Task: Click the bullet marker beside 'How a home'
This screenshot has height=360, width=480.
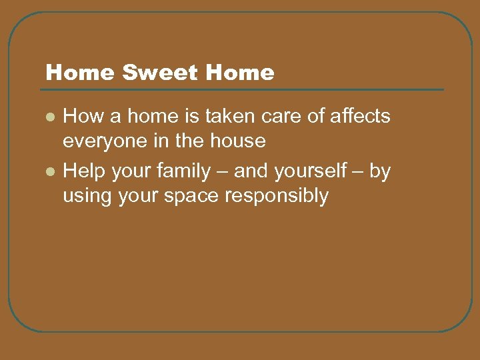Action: [x=49, y=117]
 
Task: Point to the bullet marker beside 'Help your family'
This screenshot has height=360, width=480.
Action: [x=49, y=171]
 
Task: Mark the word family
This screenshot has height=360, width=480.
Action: [x=181, y=171]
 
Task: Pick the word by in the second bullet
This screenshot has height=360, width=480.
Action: [x=379, y=171]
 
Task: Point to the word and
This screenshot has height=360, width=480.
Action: [x=250, y=171]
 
